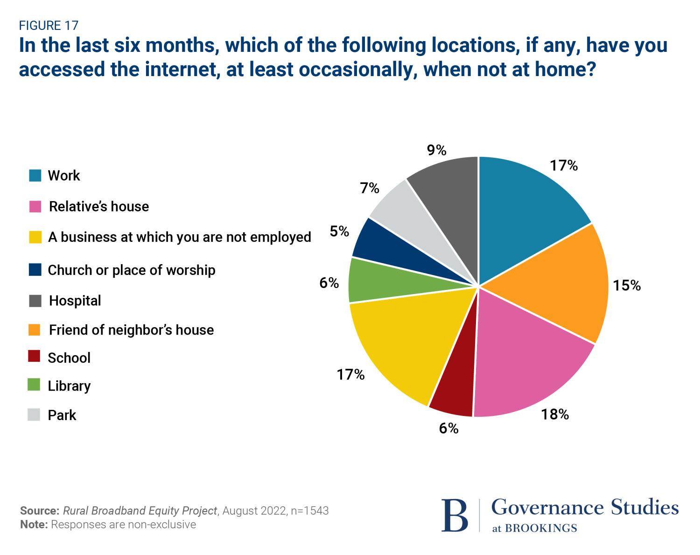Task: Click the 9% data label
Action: (437, 150)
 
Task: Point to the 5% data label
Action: (339, 231)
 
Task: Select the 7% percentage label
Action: (370, 188)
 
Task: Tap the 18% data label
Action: (555, 414)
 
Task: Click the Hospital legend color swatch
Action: (35, 301)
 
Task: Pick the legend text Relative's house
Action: (99, 206)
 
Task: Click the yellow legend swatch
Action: (35, 237)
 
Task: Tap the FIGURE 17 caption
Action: (49, 25)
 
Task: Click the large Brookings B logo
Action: (454, 515)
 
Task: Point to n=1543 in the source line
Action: (309, 511)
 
